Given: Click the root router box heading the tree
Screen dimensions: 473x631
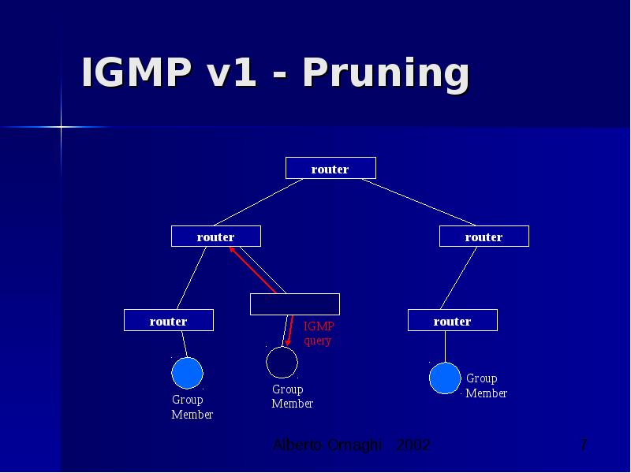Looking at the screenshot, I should tap(330, 168).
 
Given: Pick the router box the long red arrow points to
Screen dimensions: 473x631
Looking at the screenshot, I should tap(215, 236).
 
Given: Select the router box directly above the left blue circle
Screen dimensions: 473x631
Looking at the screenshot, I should tap(169, 320).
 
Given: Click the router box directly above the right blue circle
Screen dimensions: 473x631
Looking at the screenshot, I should tap(452, 320).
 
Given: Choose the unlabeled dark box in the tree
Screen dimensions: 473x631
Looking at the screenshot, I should tap(294, 304).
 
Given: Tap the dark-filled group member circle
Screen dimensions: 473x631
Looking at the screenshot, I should tap(282, 363).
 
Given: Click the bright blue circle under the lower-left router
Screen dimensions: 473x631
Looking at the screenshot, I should tap(188, 373).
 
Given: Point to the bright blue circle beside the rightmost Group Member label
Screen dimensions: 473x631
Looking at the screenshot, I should tap(445, 378).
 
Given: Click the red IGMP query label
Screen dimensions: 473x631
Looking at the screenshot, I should tap(319, 333).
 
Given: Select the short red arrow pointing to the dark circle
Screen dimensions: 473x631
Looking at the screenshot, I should tap(289, 332).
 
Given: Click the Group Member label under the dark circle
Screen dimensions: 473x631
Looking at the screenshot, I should tap(292, 397).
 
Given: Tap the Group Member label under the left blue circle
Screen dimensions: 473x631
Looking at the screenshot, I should tap(192, 407).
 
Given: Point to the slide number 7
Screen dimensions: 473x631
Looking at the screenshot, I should tap(583, 445).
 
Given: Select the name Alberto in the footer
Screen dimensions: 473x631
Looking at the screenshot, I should tap(294, 445).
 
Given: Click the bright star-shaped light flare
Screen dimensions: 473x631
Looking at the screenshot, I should tap(61, 126).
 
